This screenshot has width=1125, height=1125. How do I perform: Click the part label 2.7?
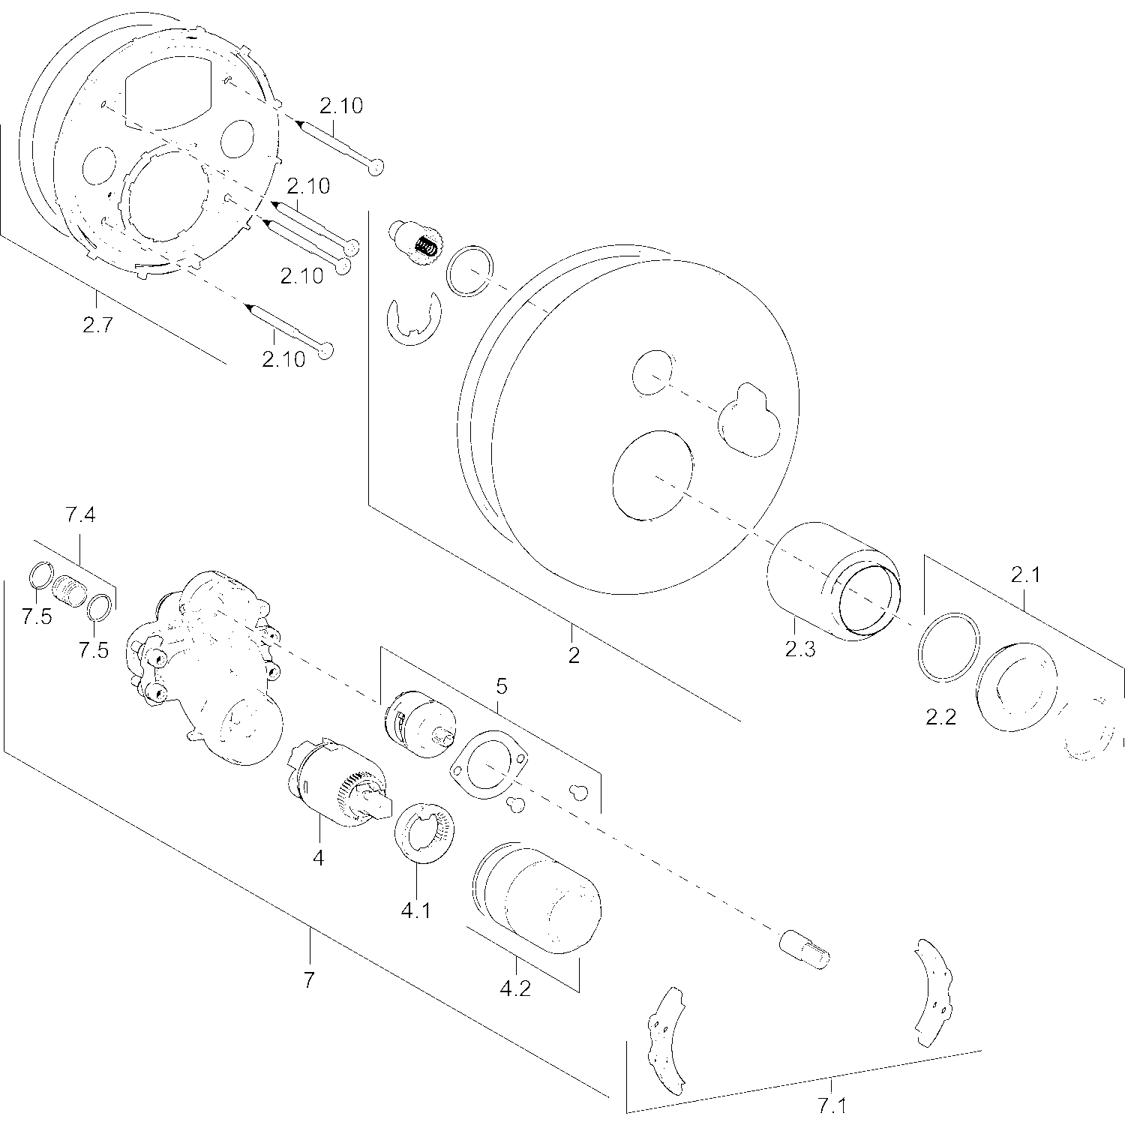pos(97,326)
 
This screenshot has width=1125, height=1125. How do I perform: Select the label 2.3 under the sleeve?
pos(799,649)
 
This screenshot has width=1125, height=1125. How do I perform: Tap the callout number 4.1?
pos(416,910)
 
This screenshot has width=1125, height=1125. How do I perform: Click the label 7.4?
pos(80,514)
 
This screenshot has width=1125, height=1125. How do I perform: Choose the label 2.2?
pos(940,717)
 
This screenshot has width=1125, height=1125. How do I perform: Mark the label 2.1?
pos(1025,575)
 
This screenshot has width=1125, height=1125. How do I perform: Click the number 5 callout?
pos(502,685)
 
